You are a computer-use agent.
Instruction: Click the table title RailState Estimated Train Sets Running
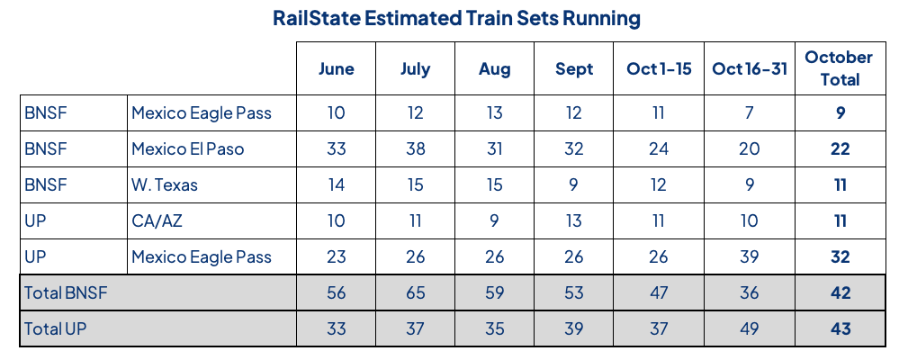(450, 18)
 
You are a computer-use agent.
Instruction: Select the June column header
(337, 69)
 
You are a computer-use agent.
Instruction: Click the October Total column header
(839, 68)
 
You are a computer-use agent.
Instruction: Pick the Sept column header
(574, 69)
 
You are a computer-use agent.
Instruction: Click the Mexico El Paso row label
(187, 148)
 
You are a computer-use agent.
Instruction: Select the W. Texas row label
(164, 184)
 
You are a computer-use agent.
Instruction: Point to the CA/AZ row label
(157, 220)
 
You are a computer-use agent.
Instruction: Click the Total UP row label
(56, 328)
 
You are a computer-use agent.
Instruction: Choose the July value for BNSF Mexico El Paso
(415, 148)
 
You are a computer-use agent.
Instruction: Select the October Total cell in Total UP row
(840, 328)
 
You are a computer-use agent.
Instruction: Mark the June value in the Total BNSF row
(337, 292)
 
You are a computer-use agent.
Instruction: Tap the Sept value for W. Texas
(574, 184)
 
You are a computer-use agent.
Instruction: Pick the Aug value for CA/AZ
(494, 220)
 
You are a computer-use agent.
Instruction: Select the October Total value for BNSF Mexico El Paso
(840, 148)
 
